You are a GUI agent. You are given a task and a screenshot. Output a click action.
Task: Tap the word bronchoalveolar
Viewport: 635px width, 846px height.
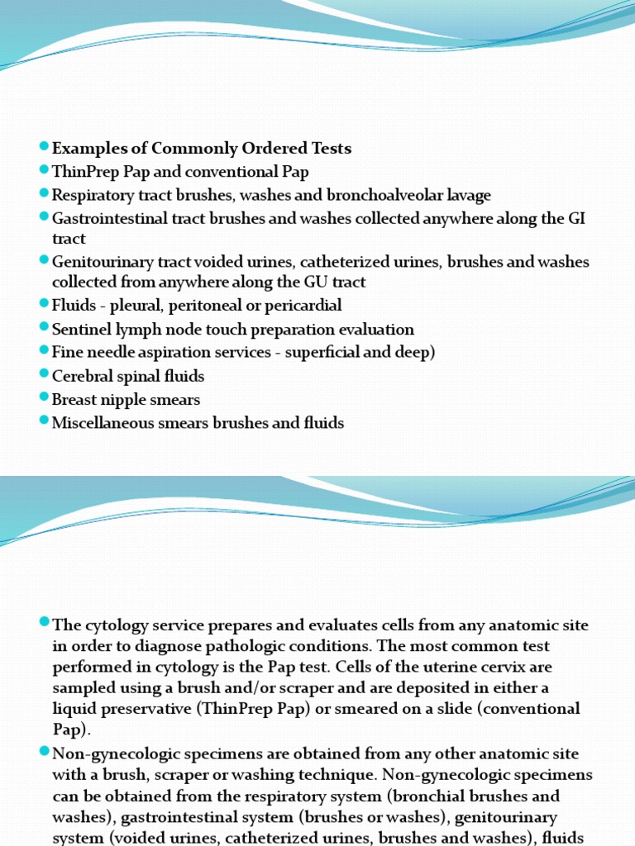[x=377, y=196]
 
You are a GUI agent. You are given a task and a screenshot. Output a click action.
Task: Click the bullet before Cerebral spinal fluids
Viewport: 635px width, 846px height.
[x=44, y=375]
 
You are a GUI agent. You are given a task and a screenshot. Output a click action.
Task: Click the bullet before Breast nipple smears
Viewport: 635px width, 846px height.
[x=44, y=398]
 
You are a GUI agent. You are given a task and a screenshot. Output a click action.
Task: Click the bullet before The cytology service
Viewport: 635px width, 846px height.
[x=44, y=624]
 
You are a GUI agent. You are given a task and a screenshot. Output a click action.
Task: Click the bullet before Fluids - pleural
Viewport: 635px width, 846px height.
[x=44, y=304]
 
